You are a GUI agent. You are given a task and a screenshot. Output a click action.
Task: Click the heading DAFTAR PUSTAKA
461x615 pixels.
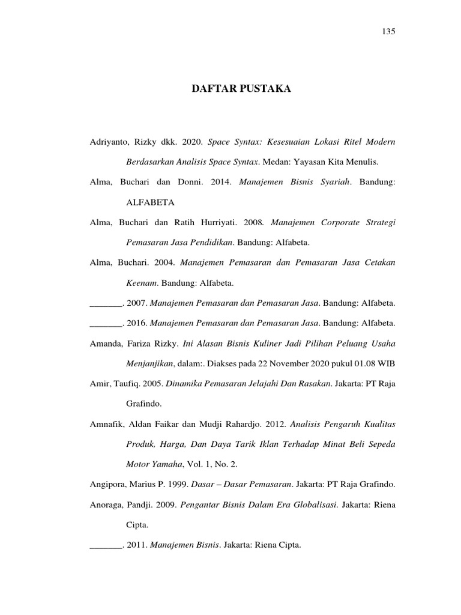[241, 89]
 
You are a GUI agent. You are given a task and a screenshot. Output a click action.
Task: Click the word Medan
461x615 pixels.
[276, 162]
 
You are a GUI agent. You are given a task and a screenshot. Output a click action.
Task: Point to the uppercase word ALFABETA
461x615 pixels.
[150, 203]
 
